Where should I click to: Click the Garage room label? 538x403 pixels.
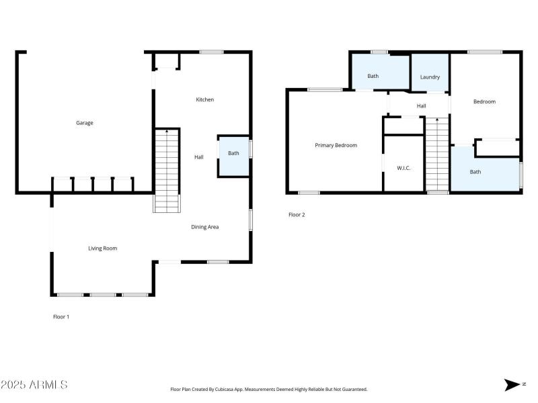[84, 123]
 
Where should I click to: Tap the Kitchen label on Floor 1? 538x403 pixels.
[204, 99]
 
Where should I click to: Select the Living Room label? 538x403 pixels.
[103, 249]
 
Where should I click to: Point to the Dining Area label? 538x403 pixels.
[204, 227]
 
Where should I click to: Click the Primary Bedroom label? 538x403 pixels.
[336, 145]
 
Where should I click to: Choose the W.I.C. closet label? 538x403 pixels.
[403, 168]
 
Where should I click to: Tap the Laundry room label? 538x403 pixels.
[430, 77]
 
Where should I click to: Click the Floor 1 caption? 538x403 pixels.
[61, 316]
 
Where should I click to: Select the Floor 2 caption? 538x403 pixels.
[297, 215]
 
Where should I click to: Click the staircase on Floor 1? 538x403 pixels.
[167, 171]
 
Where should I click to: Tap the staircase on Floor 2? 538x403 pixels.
[437, 154]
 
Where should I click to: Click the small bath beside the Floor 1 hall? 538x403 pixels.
[233, 154]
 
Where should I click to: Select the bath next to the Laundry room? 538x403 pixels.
[373, 76]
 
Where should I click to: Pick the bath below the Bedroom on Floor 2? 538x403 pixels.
[475, 172]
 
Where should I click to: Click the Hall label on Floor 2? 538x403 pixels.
[421, 105]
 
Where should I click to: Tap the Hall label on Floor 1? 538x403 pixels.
[199, 157]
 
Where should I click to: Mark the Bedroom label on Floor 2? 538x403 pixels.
[484, 101]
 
